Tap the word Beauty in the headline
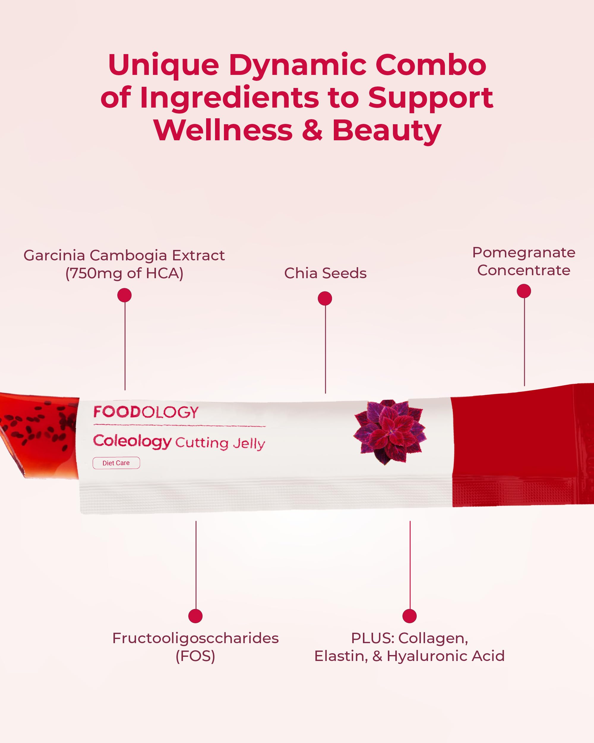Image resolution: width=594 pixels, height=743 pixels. pos(386,131)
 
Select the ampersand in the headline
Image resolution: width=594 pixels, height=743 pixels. pos(312,131)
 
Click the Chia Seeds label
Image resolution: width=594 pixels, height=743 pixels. pos(325,273)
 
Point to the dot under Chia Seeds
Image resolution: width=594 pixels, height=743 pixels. pos(325,298)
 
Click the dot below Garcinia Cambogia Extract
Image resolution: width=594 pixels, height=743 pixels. pos(124,295)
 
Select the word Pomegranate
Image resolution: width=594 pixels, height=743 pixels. pos(523,253)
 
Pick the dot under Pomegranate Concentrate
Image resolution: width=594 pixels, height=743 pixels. pos(524,291)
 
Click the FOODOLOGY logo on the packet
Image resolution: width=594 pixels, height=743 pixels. pos(146,412)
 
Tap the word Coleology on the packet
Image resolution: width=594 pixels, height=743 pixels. pos(132,441)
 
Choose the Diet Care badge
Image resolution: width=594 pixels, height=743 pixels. pos(116,463)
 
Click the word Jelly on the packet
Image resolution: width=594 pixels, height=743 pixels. pos(249,443)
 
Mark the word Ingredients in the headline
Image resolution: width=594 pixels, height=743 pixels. pos(229,98)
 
